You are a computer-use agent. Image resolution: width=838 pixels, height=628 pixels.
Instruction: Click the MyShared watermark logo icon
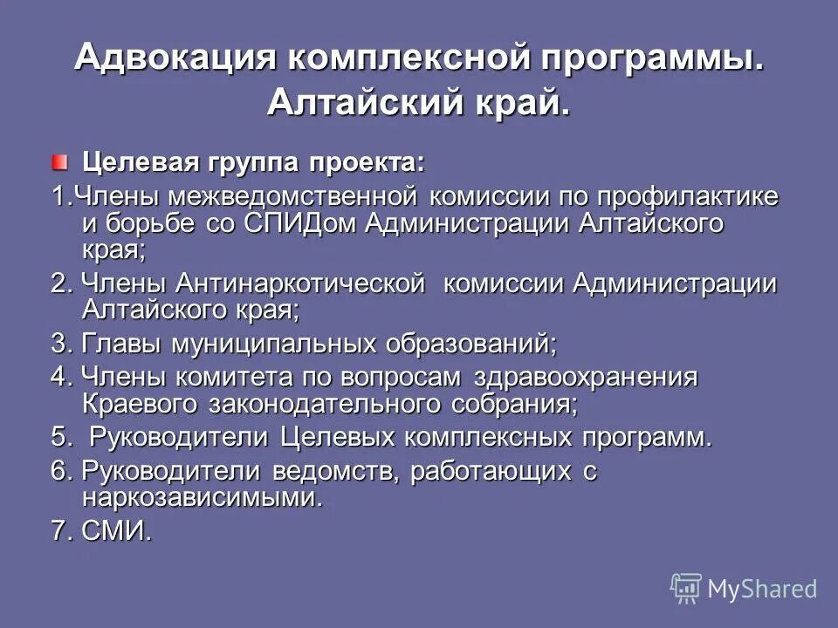[x=686, y=587]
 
